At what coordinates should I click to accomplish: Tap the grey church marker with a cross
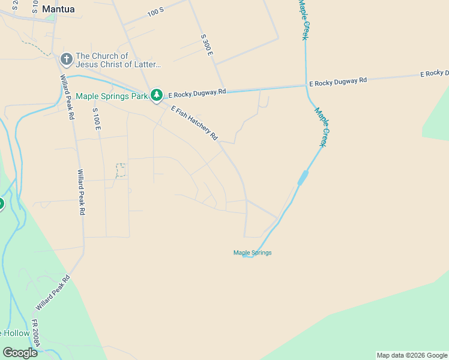pos(67,59)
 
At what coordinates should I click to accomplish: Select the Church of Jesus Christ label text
pos(118,60)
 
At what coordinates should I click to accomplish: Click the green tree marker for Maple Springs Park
pos(157,95)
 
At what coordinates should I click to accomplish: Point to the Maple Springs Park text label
pos(112,96)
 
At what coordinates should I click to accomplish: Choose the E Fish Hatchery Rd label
pos(194,123)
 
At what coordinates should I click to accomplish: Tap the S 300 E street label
pos(207,45)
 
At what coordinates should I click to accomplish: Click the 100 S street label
pos(155,11)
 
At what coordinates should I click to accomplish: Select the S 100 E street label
pos(97,119)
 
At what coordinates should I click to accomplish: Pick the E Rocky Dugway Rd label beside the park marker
pos(197,93)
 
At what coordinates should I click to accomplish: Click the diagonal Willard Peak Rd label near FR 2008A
pos(53,293)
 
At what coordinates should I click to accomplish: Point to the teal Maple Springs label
pos(252,253)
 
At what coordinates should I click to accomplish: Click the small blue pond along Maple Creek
pos(303,177)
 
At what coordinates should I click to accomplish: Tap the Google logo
pos(20,353)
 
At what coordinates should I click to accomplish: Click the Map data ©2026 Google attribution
pos(412,355)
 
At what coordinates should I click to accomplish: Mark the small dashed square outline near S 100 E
pos(121,170)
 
